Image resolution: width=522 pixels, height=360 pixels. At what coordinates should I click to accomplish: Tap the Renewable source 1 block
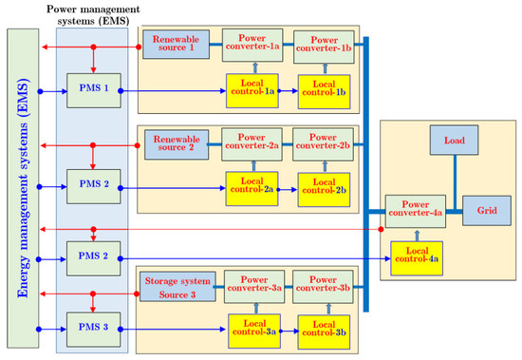(175, 43)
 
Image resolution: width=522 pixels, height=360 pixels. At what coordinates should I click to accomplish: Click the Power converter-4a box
(415, 208)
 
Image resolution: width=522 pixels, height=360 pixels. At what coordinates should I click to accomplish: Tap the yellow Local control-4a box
(415, 255)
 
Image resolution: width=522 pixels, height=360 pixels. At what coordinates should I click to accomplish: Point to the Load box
(453, 141)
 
